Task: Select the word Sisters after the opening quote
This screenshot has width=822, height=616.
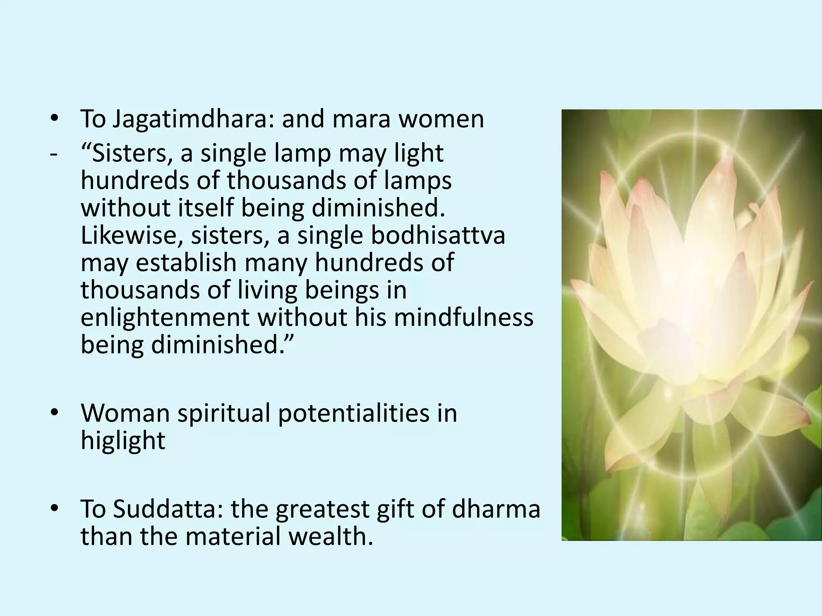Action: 132,154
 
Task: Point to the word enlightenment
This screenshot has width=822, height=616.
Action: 165,317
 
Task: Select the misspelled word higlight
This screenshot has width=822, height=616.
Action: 123,441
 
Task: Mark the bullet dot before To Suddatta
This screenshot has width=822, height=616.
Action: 55,509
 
